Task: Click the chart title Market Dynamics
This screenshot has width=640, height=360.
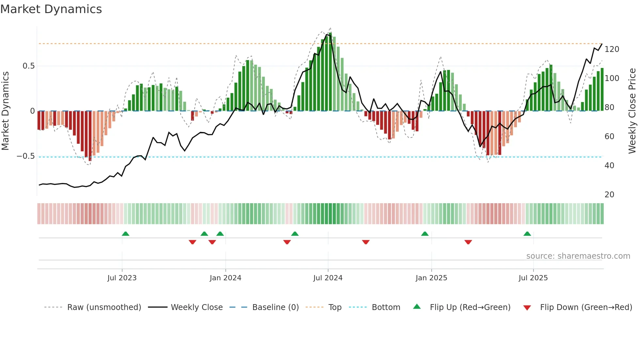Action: (51, 9)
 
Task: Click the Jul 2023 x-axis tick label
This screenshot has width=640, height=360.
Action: (122, 278)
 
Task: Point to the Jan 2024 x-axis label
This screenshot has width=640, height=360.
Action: (225, 278)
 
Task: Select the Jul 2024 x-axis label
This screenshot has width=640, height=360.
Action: (328, 278)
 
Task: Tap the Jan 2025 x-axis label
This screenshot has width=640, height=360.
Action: (431, 278)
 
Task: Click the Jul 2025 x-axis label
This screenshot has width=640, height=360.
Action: (533, 278)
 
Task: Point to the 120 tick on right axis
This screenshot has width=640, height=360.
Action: (612, 49)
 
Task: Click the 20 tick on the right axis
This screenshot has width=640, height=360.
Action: (609, 195)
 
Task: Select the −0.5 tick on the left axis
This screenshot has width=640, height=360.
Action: (26, 156)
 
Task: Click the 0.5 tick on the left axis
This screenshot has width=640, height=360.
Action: (28, 66)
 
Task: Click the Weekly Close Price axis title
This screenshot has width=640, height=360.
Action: (632, 111)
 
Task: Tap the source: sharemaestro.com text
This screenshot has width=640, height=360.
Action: (578, 256)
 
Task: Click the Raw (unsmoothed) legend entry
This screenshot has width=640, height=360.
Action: (104, 307)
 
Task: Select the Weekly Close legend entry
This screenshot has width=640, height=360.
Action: (197, 307)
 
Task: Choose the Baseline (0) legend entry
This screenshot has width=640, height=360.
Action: (275, 307)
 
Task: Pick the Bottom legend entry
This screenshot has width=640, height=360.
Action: (386, 307)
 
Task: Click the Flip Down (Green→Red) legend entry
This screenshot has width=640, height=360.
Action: (586, 307)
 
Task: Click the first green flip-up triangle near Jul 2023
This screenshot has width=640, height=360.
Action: (125, 234)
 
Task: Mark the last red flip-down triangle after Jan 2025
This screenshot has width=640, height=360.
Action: (468, 242)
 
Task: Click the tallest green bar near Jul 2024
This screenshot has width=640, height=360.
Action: (330, 72)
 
